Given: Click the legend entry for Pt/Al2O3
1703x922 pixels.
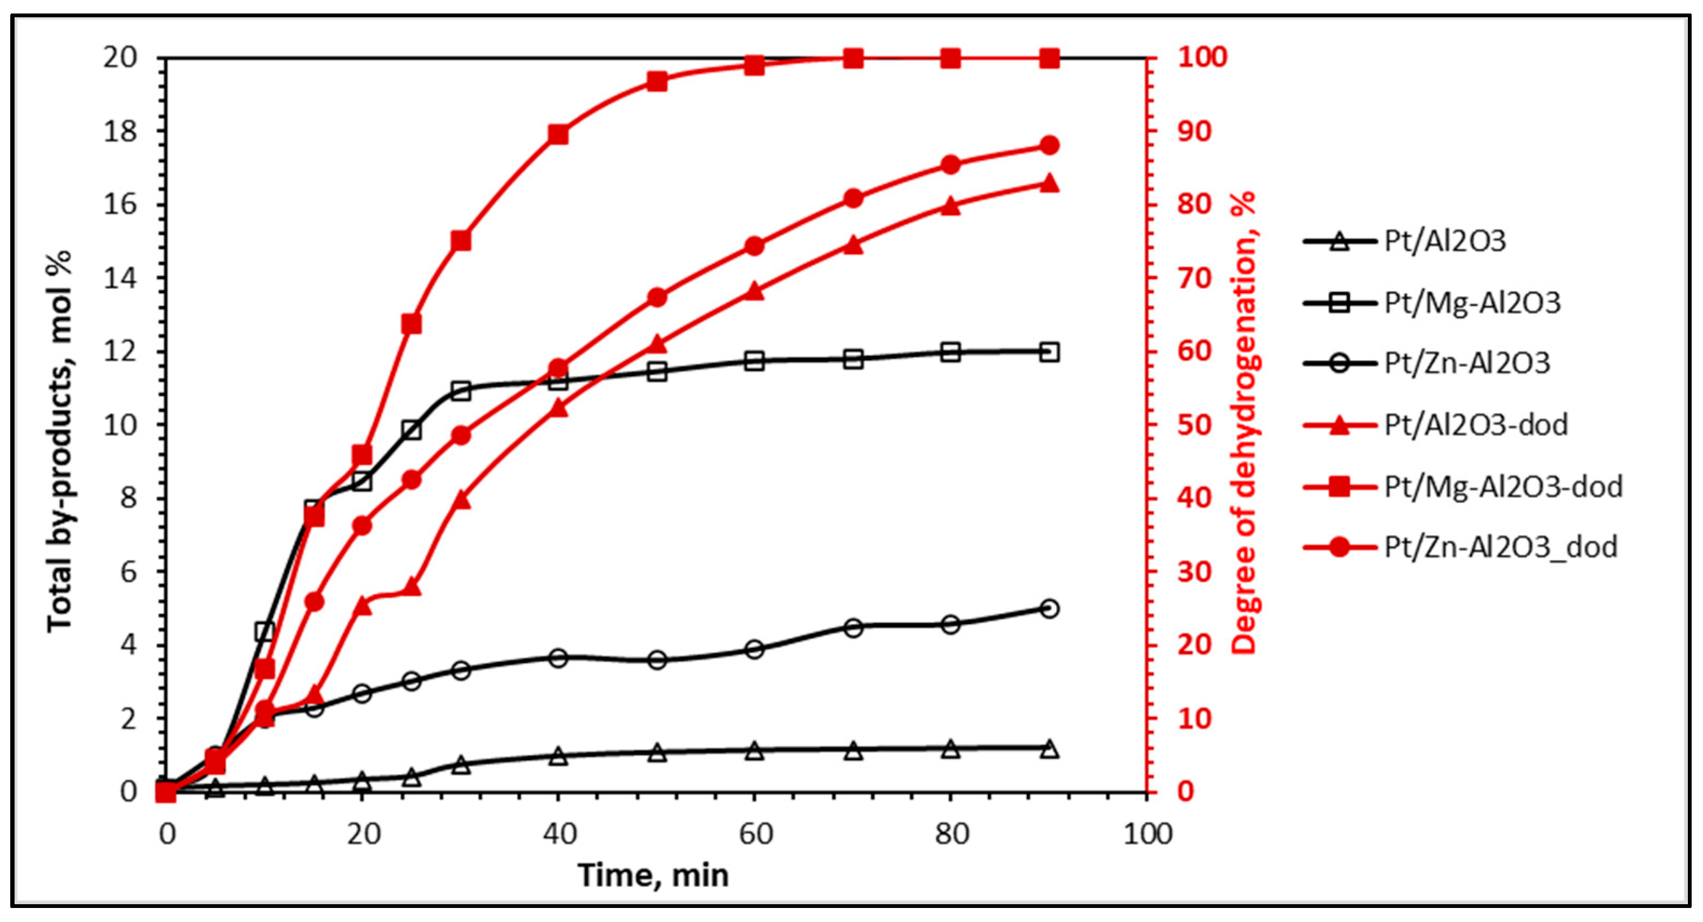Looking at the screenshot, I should [x=1444, y=241].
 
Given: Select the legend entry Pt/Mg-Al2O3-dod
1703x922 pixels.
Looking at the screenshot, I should [x=1502, y=487].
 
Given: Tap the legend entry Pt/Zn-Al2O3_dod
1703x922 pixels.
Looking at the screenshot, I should [x=1499, y=547].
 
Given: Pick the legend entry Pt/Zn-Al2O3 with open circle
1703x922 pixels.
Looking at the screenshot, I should [x=1467, y=363].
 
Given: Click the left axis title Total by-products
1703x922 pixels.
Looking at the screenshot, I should [x=60, y=441].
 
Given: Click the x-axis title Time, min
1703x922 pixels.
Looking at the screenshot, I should [x=653, y=875].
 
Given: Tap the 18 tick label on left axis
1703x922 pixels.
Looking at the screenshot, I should [x=120, y=132].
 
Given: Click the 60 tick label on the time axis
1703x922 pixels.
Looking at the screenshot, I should [x=755, y=834].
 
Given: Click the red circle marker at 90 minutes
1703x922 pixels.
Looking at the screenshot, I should [x=1049, y=145].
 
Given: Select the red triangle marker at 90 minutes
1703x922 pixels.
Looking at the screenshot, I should [x=1049, y=183].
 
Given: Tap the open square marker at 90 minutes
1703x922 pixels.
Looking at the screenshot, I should [x=1049, y=352].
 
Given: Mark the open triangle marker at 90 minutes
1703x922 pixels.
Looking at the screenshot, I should [x=1049, y=749].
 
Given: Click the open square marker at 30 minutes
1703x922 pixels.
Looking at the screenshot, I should [x=461, y=391].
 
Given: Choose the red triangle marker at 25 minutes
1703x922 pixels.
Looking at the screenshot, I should [x=412, y=586].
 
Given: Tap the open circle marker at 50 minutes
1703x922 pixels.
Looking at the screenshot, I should [x=657, y=660].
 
